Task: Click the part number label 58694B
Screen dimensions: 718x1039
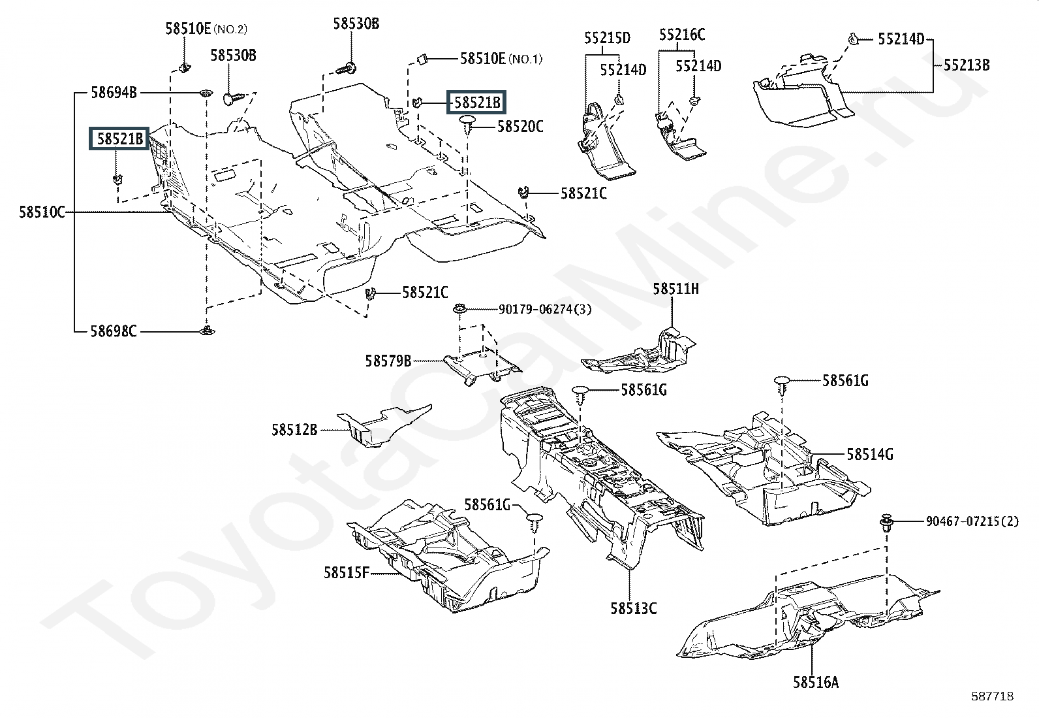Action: tap(114, 93)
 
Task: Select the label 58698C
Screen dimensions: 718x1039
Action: tap(114, 331)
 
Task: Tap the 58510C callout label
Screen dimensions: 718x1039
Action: tap(42, 212)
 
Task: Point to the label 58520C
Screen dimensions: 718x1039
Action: tap(519, 126)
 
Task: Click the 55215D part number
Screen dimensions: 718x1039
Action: tap(607, 38)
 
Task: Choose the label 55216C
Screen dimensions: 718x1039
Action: tap(682, 35)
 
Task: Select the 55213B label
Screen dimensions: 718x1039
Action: tap(966, 65)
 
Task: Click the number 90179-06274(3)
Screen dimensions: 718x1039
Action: tap(545, 309)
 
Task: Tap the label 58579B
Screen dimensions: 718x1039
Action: tap(388, 361)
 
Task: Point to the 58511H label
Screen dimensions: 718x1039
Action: tap(675, 288)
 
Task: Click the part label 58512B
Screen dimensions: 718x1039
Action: tap(294, 430)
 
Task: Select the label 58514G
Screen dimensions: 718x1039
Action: tap(870, 454)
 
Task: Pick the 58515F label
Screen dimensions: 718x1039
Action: tap(347, 573)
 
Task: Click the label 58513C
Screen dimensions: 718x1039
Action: tap(633, 608)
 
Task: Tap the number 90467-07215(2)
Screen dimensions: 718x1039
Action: tap(972, 521)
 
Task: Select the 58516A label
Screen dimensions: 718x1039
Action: tap(816, 683)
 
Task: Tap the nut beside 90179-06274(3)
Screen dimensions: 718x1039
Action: tap(459, 308)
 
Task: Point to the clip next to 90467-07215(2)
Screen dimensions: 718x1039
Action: tap(886, 522)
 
